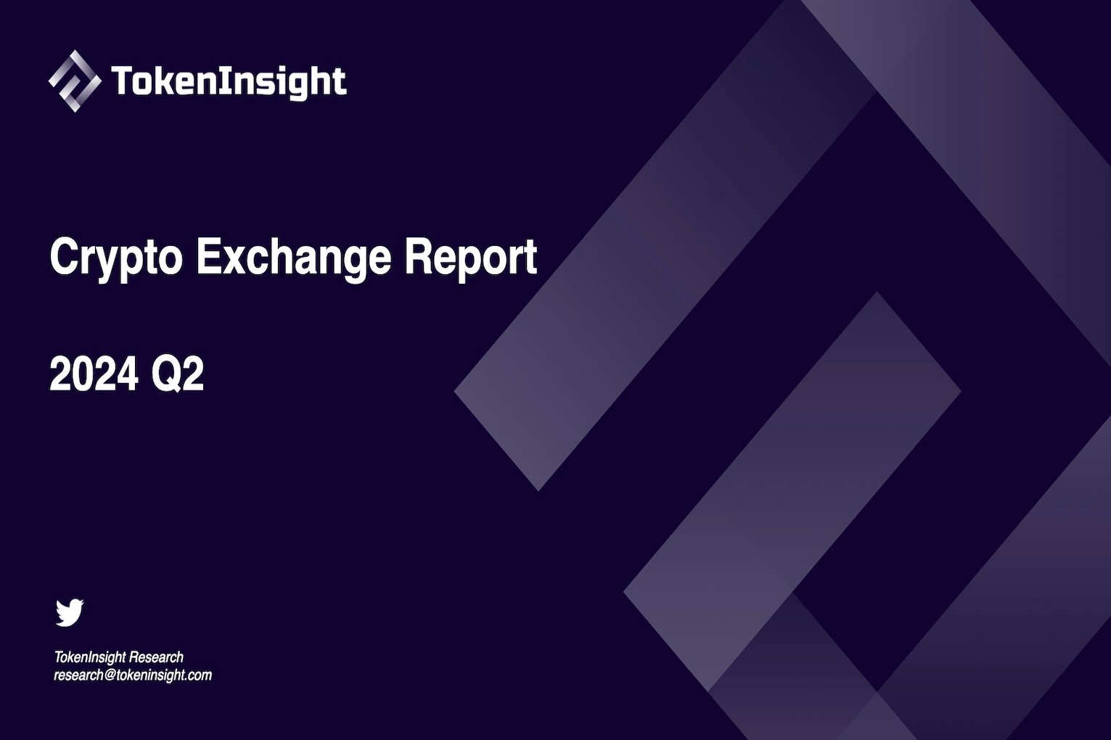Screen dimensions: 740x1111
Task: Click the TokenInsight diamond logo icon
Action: [74, 81]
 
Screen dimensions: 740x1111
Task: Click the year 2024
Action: [94, 375]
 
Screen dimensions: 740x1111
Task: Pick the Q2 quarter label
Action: [177, 375]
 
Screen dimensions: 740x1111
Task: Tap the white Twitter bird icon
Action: [70, 612]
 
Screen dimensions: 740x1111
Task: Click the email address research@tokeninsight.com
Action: [133, 675]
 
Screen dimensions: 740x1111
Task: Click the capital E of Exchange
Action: [208, 257]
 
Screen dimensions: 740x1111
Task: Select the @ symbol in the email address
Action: [110, 675]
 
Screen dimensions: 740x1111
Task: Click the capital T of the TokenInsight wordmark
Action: [120, 81]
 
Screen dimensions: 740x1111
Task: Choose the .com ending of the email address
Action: [199, 675]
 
